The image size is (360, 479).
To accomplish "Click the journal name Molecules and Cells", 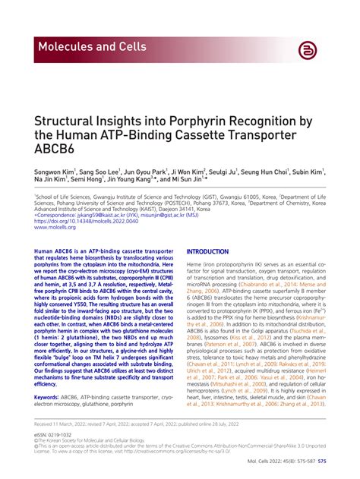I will pyautogui.click(x=92, y=47).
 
